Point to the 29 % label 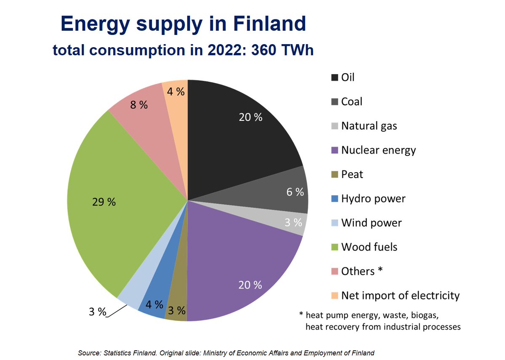(104, 202)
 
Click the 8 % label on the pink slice (138, 105)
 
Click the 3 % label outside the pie (97, 312)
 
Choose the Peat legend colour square (335, 174)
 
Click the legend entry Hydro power (373, 198)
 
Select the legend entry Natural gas (369, 126)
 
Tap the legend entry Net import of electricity (400, 296)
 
